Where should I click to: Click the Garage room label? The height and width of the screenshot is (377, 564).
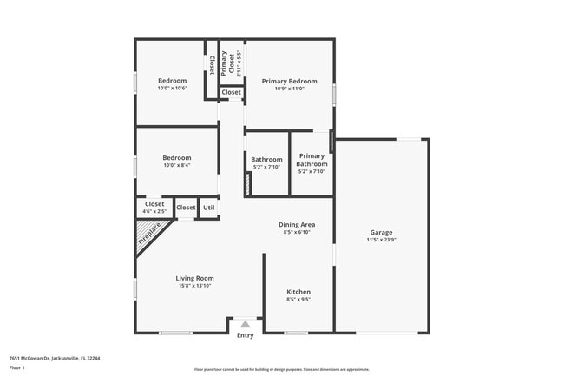[382, 233]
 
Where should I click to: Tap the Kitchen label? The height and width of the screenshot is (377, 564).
[298, 292]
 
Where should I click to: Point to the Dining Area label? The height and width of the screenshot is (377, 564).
[297, 224]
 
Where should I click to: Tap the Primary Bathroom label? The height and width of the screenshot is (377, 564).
[312, 160]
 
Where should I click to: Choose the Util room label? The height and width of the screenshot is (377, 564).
[208, 208]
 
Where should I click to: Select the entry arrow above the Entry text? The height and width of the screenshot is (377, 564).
[246, 324]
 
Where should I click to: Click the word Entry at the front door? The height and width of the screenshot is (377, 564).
[246, 335]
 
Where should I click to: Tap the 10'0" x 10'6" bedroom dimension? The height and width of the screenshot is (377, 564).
[172, 89]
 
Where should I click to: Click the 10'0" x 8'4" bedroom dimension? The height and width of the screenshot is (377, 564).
[176, 166]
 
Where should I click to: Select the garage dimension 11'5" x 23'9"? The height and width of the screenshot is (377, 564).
[382, 241]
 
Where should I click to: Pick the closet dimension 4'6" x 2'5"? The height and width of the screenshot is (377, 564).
[154, 211]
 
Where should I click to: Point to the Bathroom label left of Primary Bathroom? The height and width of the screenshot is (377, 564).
[266, 160]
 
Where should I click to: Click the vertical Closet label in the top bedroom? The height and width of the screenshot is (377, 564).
[212, 64]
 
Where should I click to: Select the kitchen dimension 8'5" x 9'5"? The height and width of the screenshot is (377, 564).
[298, 300]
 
